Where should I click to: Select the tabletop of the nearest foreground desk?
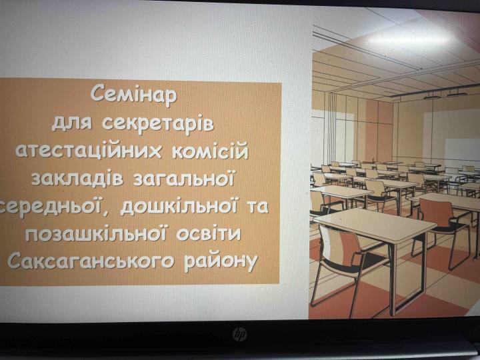[x=373, y=223]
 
